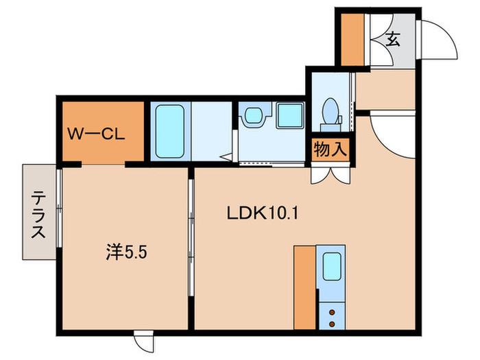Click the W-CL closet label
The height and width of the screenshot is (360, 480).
pos(96,134)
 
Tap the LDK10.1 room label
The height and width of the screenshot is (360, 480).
pos(263,213)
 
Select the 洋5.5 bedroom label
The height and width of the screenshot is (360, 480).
pos(126,252)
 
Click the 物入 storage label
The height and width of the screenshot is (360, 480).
pos(331,149)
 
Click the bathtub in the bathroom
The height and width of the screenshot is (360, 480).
pos(170,132)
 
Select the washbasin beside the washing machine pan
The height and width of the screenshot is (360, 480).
pos(254,115)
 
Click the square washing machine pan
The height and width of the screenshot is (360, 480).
pos(289,115)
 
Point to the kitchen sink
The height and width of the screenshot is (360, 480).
pos(332,266)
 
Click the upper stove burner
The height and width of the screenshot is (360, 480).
pos(332,312)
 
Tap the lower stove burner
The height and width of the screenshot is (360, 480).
pos(332,324)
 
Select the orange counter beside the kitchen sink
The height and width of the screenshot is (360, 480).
pos(304,287)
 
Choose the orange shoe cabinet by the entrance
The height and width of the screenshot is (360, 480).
pos(352,40)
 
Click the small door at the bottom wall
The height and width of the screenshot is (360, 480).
pos(143,341)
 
